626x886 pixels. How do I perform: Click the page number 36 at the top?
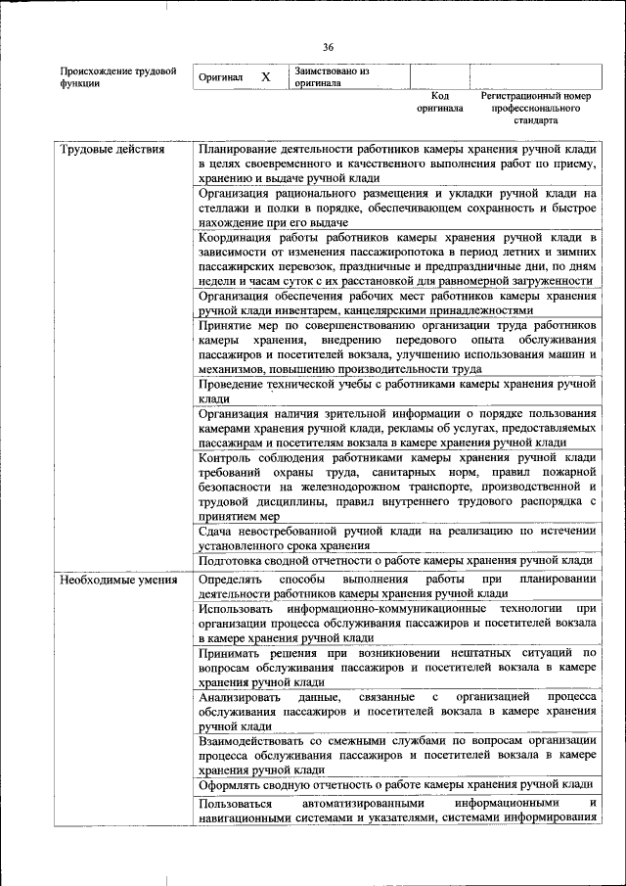[328, 47]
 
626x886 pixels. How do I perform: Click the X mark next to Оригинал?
[265, 76]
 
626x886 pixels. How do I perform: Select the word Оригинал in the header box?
[220, 77]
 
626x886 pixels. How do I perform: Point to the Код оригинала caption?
[439, 103]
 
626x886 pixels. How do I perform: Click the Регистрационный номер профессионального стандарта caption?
[536, 109]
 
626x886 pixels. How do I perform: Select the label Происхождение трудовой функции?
[117, 77]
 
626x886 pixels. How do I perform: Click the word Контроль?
[224, 457]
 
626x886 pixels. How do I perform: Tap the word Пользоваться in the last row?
[240, 804]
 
